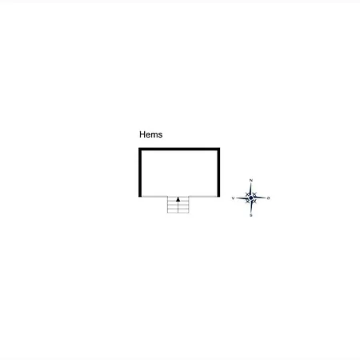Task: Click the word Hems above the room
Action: [150, 134]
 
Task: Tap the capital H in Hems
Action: [142, 134]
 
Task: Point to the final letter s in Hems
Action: [160, 135]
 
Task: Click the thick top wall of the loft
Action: [179, 149]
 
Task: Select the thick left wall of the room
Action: [140, 172]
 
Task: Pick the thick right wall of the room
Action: [218, 172]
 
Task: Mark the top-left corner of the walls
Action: [138, 148]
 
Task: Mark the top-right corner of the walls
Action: [220, 148]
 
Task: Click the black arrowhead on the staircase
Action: [178, 199]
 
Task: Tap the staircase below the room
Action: [178, 205]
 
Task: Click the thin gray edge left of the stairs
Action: [154, 197]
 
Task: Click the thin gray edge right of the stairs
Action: [203, 197]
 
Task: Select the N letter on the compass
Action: [250, 181]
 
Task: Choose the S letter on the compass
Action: [251, 215]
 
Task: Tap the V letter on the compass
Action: [233, 198]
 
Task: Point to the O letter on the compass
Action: [269, 198]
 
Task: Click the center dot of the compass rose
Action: [251, 198]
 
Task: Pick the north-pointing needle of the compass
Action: [250, 190]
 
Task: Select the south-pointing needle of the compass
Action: [251, 206]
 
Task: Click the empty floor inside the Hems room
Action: [179, 173]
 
